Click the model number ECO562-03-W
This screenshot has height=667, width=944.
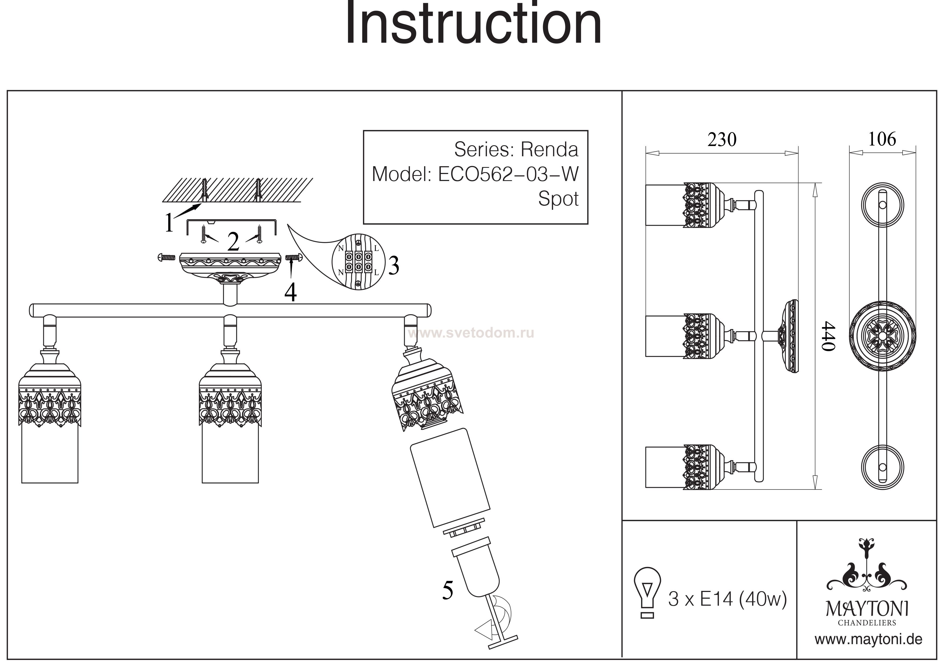(x=508, y=175)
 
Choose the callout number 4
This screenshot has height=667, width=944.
(x=291, y=293)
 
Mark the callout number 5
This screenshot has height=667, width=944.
(x=448, y=591)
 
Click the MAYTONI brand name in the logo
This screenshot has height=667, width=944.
(x=867, y=609)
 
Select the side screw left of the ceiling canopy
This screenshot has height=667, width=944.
(x=167, y=258)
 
